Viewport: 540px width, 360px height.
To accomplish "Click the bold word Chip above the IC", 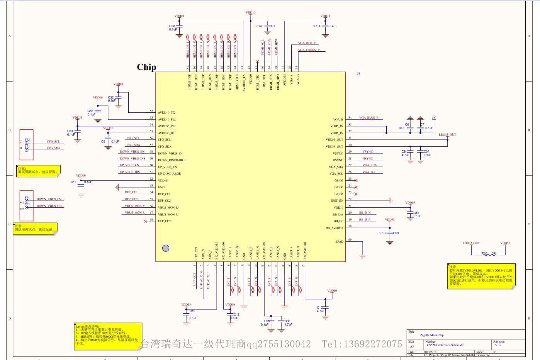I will pos(146,67).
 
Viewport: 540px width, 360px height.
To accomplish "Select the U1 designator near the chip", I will pos(358,73).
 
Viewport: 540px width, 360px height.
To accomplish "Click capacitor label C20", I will pos(172,26).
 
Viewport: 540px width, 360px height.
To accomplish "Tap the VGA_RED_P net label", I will pos(307,43).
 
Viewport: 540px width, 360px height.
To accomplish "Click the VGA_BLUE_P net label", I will pos(368,117).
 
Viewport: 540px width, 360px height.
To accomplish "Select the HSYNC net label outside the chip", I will pos(367,158).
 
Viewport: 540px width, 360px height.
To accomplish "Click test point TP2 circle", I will pos(27,143).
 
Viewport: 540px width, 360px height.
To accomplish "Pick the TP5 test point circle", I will pos(27,207).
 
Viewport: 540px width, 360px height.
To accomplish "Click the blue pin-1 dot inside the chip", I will pos(166,248).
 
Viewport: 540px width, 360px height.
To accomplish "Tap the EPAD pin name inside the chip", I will pos(339,241).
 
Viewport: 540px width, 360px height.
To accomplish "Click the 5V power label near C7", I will pos(434,117).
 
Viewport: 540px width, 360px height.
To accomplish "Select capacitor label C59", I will pos(396,233).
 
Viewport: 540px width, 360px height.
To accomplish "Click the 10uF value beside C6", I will pos(402,128).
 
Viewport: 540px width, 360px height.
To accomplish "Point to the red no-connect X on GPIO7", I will pos(356,180).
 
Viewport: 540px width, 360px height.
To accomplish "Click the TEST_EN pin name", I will pos(336,200).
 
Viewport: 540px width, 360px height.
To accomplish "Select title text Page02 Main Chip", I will pos(432,335).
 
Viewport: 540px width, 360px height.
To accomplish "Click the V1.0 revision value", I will pos(498,345).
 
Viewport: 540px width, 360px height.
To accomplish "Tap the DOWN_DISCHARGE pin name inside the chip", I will pos(172,160).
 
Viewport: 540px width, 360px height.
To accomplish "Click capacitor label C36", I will pos(287,321).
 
